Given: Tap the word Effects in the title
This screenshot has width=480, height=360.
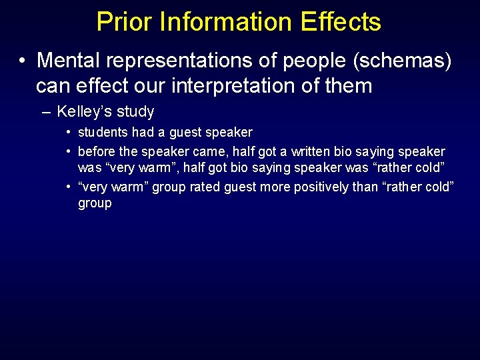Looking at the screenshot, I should point(340,21).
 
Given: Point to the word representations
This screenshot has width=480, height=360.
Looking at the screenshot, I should point(184,61).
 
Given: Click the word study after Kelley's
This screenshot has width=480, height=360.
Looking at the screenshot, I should point(135,111).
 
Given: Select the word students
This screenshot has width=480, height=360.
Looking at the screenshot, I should point(103,132).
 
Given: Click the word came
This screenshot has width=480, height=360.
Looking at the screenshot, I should point(209,151).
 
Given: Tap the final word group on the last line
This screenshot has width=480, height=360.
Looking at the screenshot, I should point(95,203).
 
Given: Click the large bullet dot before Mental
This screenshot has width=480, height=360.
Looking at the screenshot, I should point(23,61).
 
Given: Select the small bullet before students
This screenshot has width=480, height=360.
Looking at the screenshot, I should point(69,132).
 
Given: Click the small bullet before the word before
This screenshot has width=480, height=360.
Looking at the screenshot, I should point(69,151).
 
